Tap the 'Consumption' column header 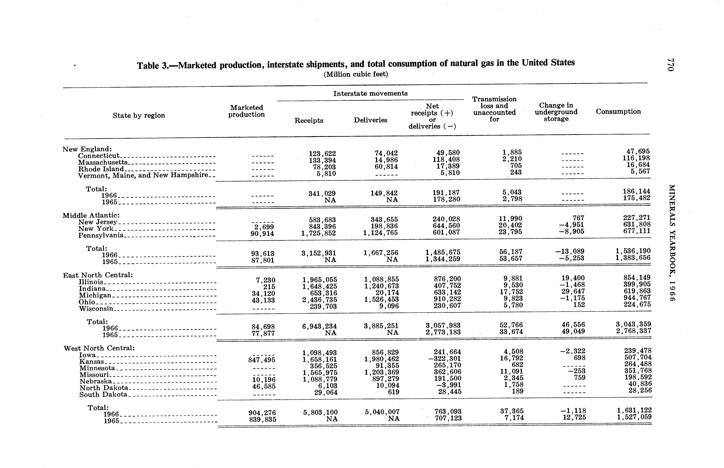pyautogui.click(x=618, y=112)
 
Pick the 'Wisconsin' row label pyautogui.click(x=96, y=309)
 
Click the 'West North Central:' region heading pyautogui.click(x=99, y=348)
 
